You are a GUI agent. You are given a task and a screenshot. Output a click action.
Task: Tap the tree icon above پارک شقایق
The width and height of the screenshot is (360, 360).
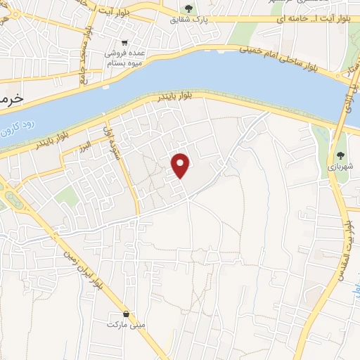coord(188,8)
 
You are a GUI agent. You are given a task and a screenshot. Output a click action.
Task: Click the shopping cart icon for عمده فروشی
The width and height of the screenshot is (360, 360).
coord(124,42)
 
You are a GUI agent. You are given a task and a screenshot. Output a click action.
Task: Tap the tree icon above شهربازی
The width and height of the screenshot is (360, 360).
coord(340,155)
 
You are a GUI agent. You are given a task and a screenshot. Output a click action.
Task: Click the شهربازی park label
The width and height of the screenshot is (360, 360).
coord(340,167)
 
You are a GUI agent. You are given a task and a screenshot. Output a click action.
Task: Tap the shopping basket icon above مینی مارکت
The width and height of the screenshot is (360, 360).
coord(126,314)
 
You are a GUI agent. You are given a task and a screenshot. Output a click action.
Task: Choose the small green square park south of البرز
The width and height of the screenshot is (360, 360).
coord(67,198)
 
